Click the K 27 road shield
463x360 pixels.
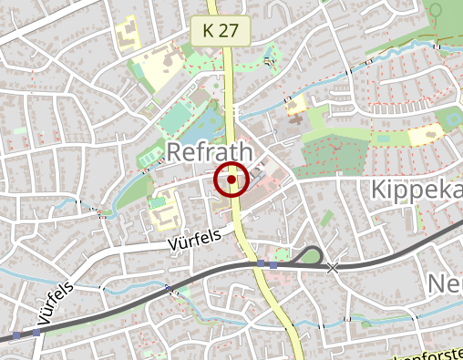pyautogui.click(x=221, y=30)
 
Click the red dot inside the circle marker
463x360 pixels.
pyautogui.click(x=231, y=180)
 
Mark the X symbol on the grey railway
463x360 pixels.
pyautogui.click(x=333, y=267)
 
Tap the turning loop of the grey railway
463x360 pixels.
pyautogui.click(x=310, y=254)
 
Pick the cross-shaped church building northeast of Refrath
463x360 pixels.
pyautogui.click(x=294, y=107)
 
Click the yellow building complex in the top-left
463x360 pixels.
pyautogui.click(x=127, y=34)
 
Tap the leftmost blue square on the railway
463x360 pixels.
pyautogui.click(x=16, y=335)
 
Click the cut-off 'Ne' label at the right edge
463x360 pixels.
pyautogui.click(x=445, y=284)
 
